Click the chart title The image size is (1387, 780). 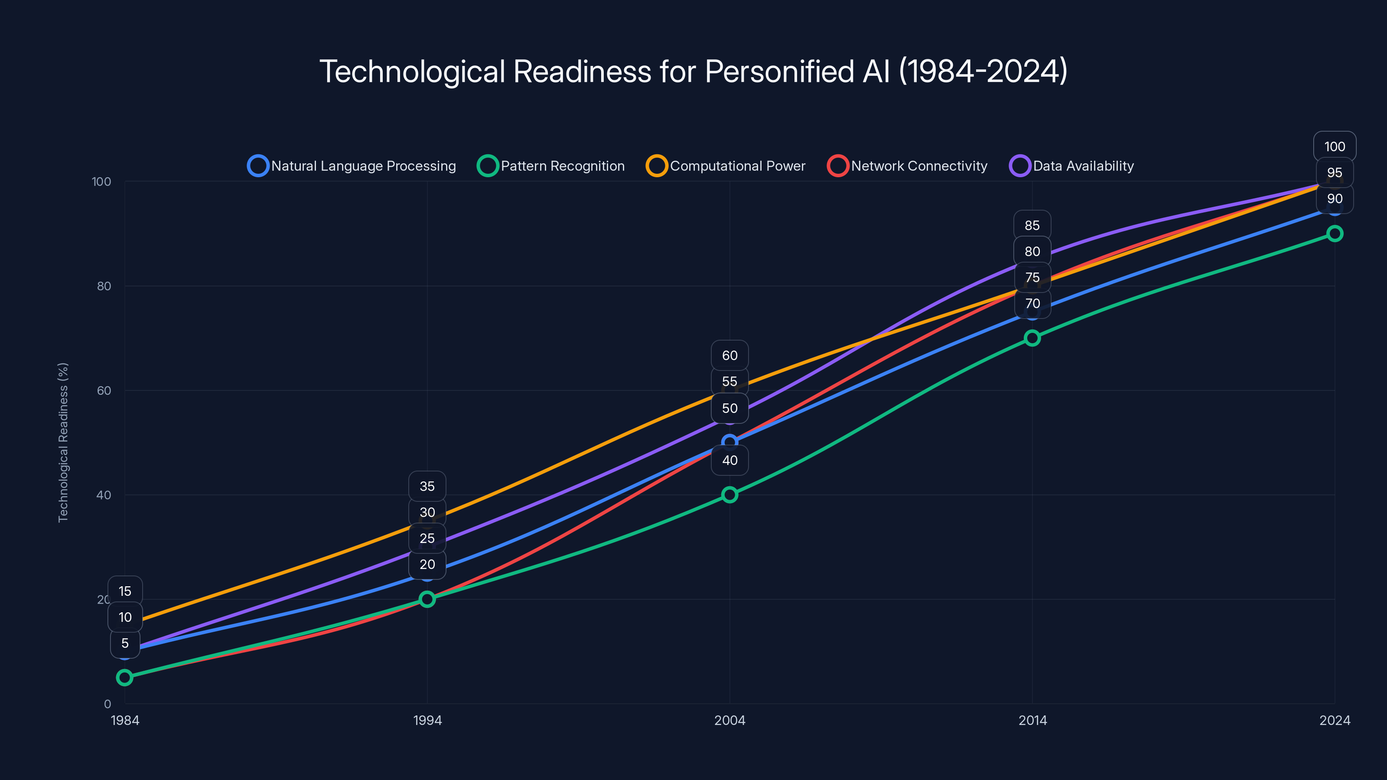(x=693, y=71)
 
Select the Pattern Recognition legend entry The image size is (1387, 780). (x=551, y=166)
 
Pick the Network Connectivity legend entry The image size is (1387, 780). (x=908, y=166)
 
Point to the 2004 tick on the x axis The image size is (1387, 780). (x=729, y=720)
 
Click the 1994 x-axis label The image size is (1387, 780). (x=427, y=720)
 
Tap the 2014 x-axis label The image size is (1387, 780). (x=1032, y=720)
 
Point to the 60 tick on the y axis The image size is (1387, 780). (x=104, y=390)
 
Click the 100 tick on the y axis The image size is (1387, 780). (x=101, y=182)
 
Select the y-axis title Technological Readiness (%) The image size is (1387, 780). (x=63, y=442)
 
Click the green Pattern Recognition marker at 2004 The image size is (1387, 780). (x=729, y=495)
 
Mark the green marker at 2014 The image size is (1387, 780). (x=1032, y=338)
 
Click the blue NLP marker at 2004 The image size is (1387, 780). (x=729, y=442)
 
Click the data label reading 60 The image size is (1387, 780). (x=729, y=355)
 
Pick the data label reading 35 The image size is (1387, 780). (x=427, y=486)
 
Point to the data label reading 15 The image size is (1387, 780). (x=125, y=591)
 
